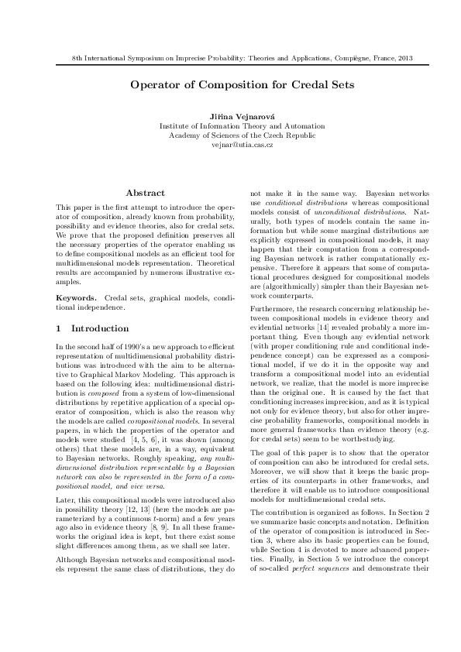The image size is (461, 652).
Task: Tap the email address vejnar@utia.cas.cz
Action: pos(230,144)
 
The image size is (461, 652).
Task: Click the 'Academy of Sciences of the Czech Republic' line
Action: pos(230,135)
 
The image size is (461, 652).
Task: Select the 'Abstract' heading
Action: pos(145,193)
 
